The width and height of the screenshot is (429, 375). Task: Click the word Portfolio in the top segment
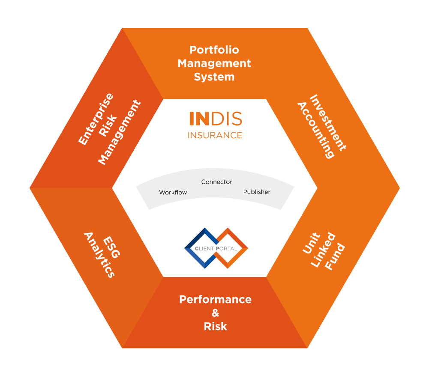click(x=214, y=50)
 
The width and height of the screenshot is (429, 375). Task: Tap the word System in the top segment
click(x=214, y=77)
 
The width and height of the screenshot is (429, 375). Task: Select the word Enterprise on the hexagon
click(x=96, y=119)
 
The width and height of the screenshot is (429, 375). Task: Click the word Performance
click(x=215, y=299)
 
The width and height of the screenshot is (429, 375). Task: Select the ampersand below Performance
click(x=215, y=313)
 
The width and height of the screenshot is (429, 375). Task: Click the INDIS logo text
click(x=216, y=119)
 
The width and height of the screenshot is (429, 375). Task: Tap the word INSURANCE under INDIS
click(x=215, y=135)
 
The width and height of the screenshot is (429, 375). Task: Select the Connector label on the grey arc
click(x=216, y=182)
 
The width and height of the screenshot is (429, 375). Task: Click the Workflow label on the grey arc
click(x=173, y=193)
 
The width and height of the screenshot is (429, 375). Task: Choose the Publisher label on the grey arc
click(x=257, y=192)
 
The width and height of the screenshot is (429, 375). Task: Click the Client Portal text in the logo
click(x=216, y=248)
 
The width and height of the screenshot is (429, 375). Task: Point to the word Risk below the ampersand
click(x=215, y=327)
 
